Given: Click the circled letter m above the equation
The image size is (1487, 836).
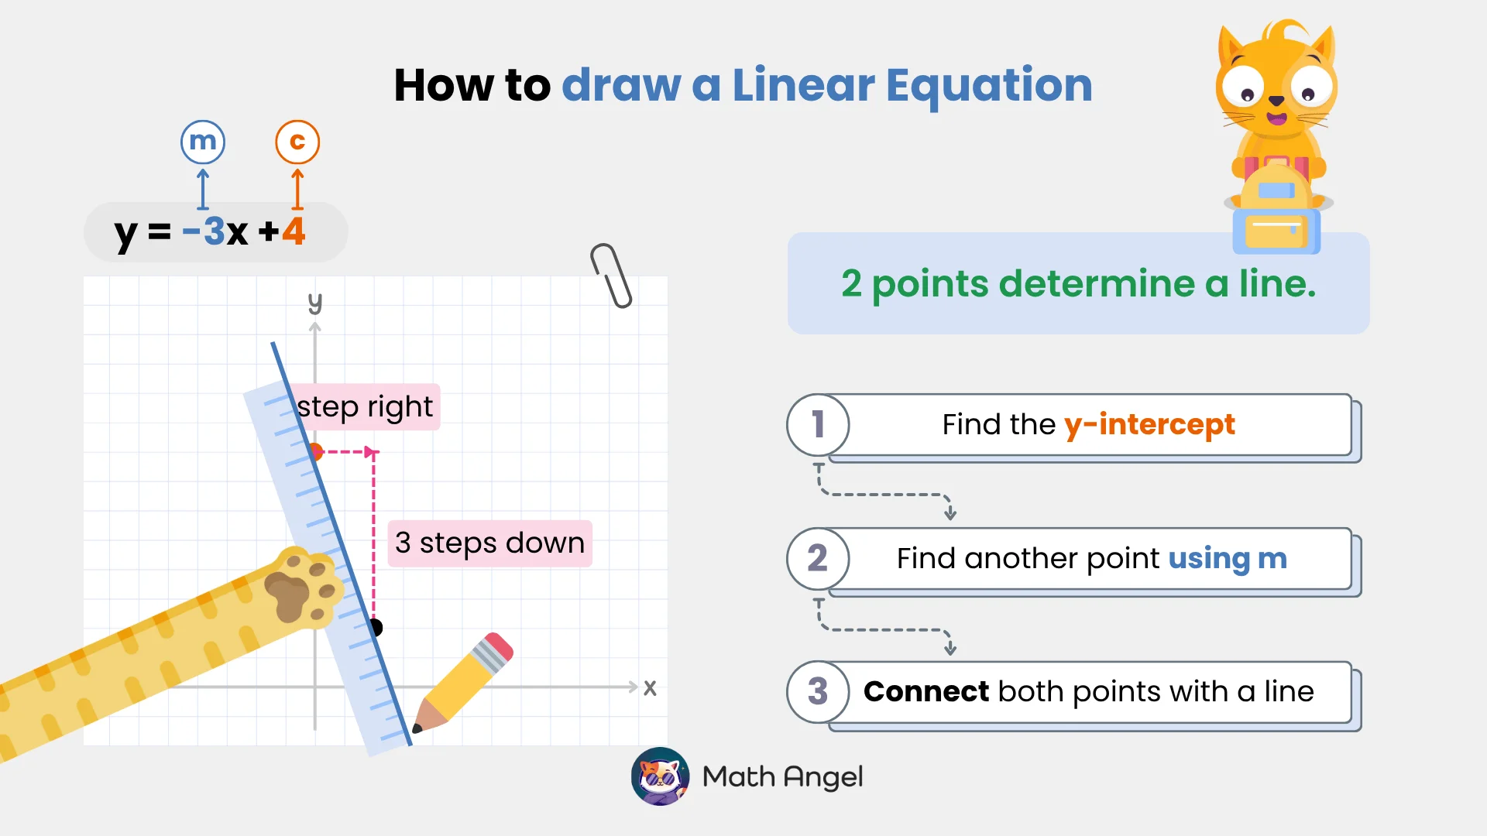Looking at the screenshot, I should click(203, 142).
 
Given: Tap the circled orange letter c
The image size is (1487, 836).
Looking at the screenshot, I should click(297, 142).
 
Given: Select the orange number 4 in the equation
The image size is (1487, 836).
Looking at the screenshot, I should click(294, 231).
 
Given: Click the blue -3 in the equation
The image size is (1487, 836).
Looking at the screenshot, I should click(204, 231).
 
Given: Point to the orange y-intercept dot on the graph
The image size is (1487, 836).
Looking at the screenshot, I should click(315, 451).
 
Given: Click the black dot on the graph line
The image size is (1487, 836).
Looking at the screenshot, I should click(375, 627).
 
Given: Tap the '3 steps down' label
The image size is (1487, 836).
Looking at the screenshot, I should click(489, 543).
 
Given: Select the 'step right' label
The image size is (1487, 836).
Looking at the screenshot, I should click(366, 407).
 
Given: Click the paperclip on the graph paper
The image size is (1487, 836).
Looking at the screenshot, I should click(612, 276).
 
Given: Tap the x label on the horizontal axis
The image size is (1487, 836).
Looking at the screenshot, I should click(650, 687).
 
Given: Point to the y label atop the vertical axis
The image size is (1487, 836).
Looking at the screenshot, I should click(314, 302).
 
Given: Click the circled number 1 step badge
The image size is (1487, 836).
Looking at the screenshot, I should click(818, 425).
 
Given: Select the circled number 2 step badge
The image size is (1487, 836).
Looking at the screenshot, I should click(818, 558).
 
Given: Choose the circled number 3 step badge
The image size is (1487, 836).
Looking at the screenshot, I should click(818, 692).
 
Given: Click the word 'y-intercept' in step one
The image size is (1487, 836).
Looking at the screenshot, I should click(1149, 425).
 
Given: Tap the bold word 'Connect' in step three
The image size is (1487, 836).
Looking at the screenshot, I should click(926, 691).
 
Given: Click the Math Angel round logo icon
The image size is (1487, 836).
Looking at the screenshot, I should click(660, 776).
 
